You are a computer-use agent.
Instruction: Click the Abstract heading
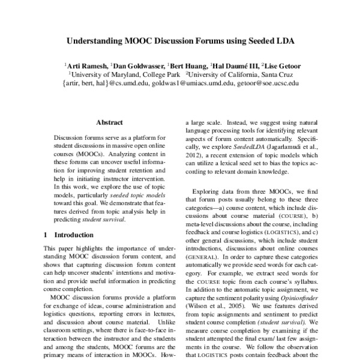point(109,121)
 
